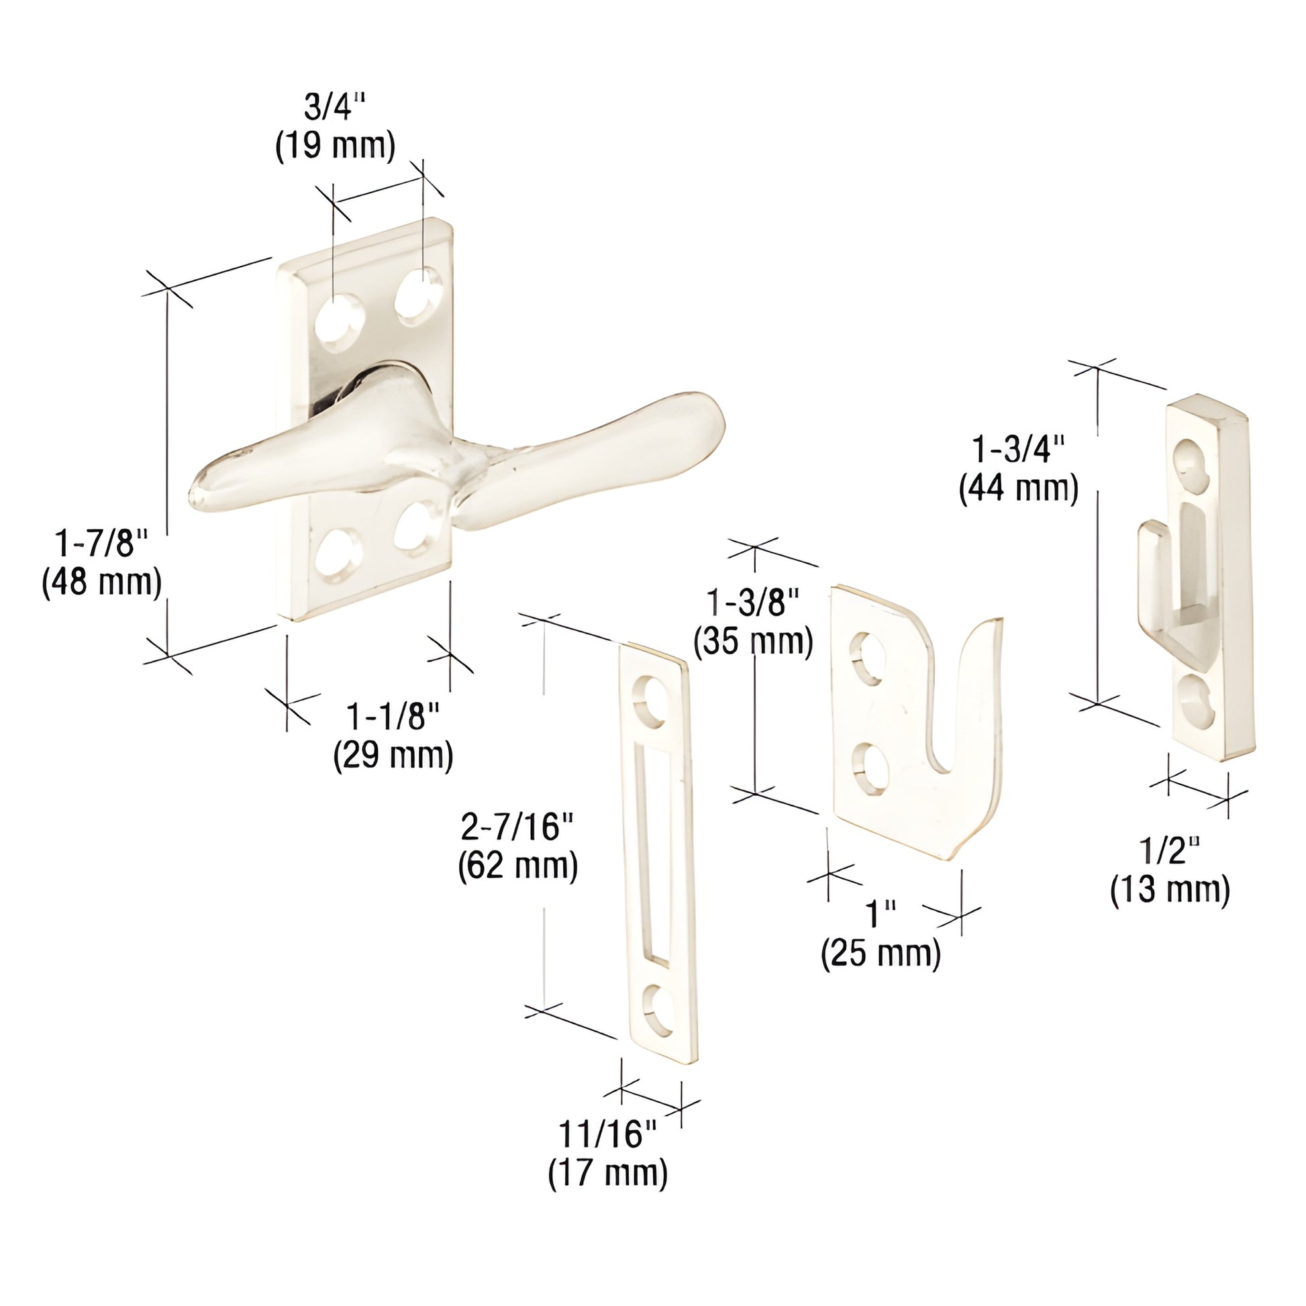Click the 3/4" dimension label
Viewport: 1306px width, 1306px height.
[335, 107]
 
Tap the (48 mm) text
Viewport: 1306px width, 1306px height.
[102, 582]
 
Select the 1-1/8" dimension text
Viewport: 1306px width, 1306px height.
[393, 717]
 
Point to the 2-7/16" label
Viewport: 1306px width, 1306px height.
[517, 827]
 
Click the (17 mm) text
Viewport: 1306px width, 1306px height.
[608, 1172]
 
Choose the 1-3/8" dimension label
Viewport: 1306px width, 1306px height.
[753, 602]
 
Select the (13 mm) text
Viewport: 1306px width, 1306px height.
[1170, 889]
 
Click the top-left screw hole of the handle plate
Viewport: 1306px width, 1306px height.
[338, 322]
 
